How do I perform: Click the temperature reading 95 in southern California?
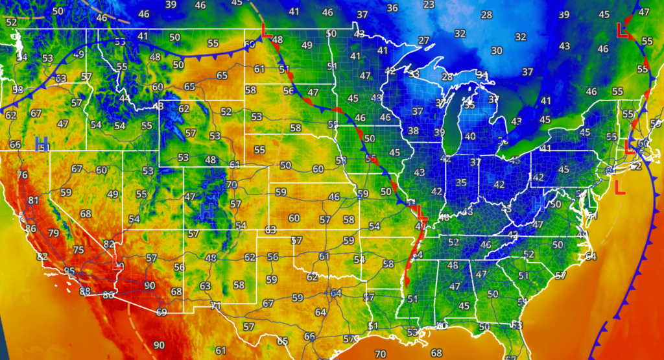pyautogui.click(x=68, y=271)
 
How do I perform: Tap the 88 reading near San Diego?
pyautogui.click(x=85, y=292)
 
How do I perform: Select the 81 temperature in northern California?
pyautogui.click(x=34, y=200)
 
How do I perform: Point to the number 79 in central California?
pyautogui.click(x=53, y=234)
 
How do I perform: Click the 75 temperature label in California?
pyautogui.click(x=78, y=250)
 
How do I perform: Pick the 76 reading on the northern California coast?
pyautogui.click(x=23, y=175)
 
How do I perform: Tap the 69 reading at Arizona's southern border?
pyautogui.click(x=161, y=312)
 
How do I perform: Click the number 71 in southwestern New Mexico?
pyautogui.click(x=216, y=306)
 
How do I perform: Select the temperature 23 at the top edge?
pyautogui.click(x=429, y=5)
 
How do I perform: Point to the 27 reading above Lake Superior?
pyautogui.click(x=423, y=41)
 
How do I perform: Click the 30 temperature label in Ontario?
pyautogui.click(x=497, y=51)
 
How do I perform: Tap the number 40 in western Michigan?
pyautogui.click(x=470, y=136)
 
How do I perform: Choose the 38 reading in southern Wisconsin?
pyautogui.click(x=413, y=131)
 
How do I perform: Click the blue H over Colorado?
pyautogui.click(x=207, y=209)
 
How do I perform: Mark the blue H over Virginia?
pyautogui.click(x=538, y=204)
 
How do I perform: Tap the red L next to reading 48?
pyautogui.click(x=265, y=30)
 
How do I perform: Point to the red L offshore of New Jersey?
pyautogui.click(x=620, y=187)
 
